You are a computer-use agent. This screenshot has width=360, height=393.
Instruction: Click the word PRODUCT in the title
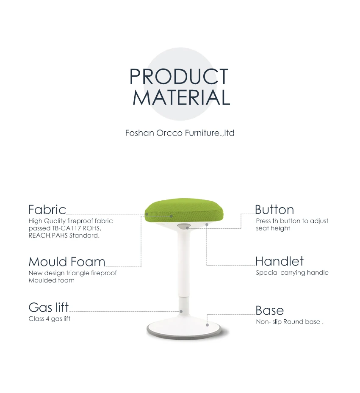point(179,77)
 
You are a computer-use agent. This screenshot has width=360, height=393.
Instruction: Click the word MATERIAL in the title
point(181,97)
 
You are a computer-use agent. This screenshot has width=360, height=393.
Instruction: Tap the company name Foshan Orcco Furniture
point(180,133)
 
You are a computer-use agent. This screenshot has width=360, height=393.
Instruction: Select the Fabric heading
point(47,210)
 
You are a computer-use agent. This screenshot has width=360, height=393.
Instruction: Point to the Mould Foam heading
point(66,261)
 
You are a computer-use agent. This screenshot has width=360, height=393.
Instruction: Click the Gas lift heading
point(48,307)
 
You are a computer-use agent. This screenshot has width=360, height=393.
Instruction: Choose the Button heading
point(274,210)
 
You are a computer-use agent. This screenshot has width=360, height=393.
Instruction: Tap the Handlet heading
point(279,261)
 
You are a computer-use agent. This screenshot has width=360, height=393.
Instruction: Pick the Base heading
point(269,310)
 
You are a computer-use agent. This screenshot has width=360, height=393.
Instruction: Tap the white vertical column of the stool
point(184,267)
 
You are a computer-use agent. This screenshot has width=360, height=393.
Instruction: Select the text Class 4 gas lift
point(49,319)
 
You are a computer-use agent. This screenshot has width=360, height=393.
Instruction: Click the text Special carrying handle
point(292,273)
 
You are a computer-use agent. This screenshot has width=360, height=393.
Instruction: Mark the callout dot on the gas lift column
point(181,311)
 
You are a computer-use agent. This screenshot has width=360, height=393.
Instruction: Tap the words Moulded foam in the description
point(51,280)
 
